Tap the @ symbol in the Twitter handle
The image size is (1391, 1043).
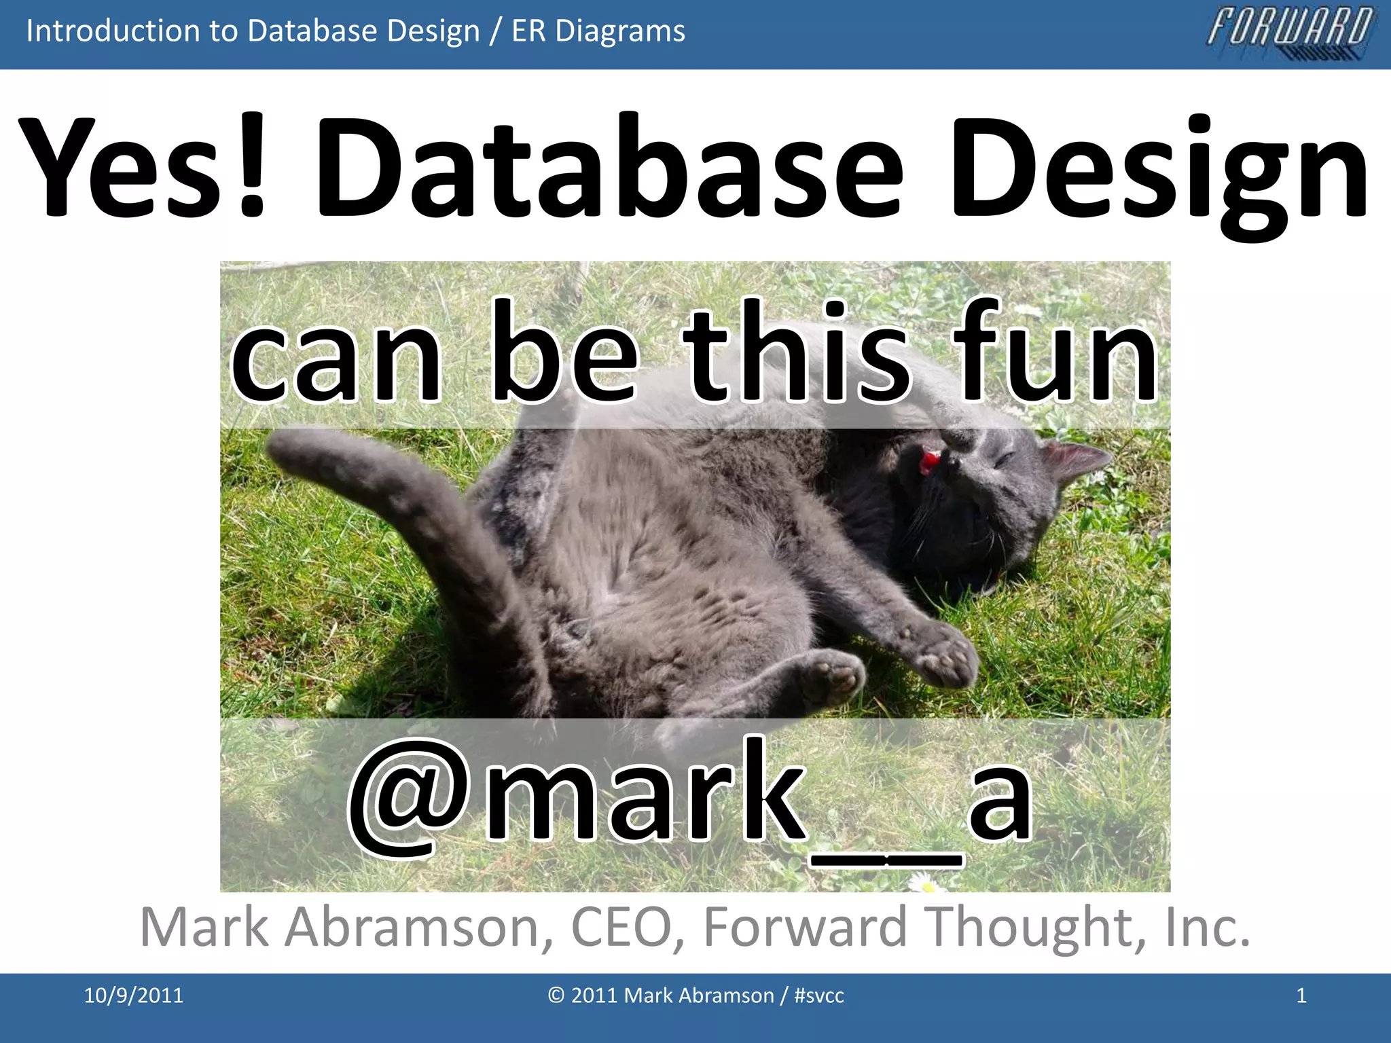408,794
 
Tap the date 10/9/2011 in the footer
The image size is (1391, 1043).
133,995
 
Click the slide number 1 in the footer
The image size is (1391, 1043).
1301,995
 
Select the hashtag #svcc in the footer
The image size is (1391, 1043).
818,995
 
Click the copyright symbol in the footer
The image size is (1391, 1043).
556,995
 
